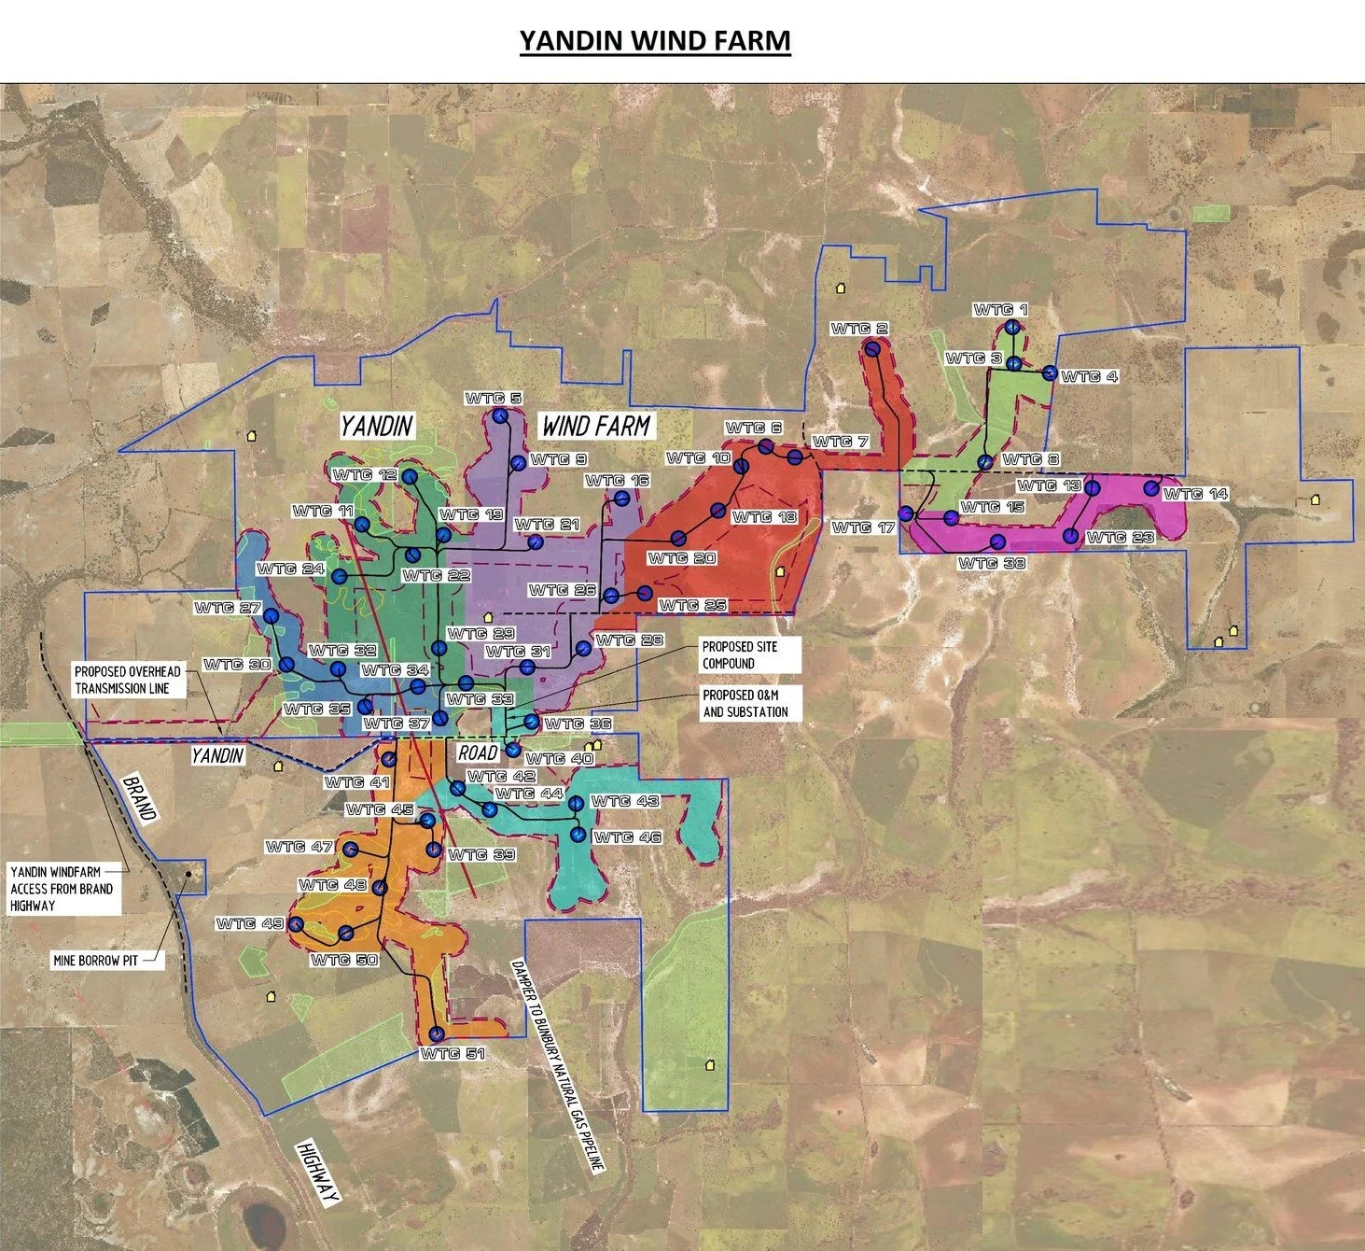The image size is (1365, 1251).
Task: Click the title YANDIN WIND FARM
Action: point(655,41)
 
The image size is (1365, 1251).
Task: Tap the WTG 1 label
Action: point(1000,310)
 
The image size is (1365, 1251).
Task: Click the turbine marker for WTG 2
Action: point(872,349)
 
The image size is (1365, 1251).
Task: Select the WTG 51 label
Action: point(452,1054)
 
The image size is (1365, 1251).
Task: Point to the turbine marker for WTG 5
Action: point(501,416)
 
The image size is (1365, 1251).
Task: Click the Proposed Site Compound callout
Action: point(740,654)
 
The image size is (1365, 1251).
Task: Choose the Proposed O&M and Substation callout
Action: point(745,703)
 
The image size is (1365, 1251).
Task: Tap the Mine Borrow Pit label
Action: point(95,960)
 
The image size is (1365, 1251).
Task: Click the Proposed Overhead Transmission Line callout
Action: point(127,680)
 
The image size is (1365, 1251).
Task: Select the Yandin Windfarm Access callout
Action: point(62,889)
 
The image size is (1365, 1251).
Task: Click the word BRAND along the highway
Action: point(138,797)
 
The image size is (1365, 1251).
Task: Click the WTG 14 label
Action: point(1195,494)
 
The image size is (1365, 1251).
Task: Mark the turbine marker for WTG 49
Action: point(296,924)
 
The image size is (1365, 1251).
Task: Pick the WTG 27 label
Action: point(228,609)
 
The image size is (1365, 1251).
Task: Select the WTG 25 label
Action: point(692,606)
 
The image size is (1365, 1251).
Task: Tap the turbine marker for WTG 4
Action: point(1050,373)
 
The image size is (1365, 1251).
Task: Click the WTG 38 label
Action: point(991,563)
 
